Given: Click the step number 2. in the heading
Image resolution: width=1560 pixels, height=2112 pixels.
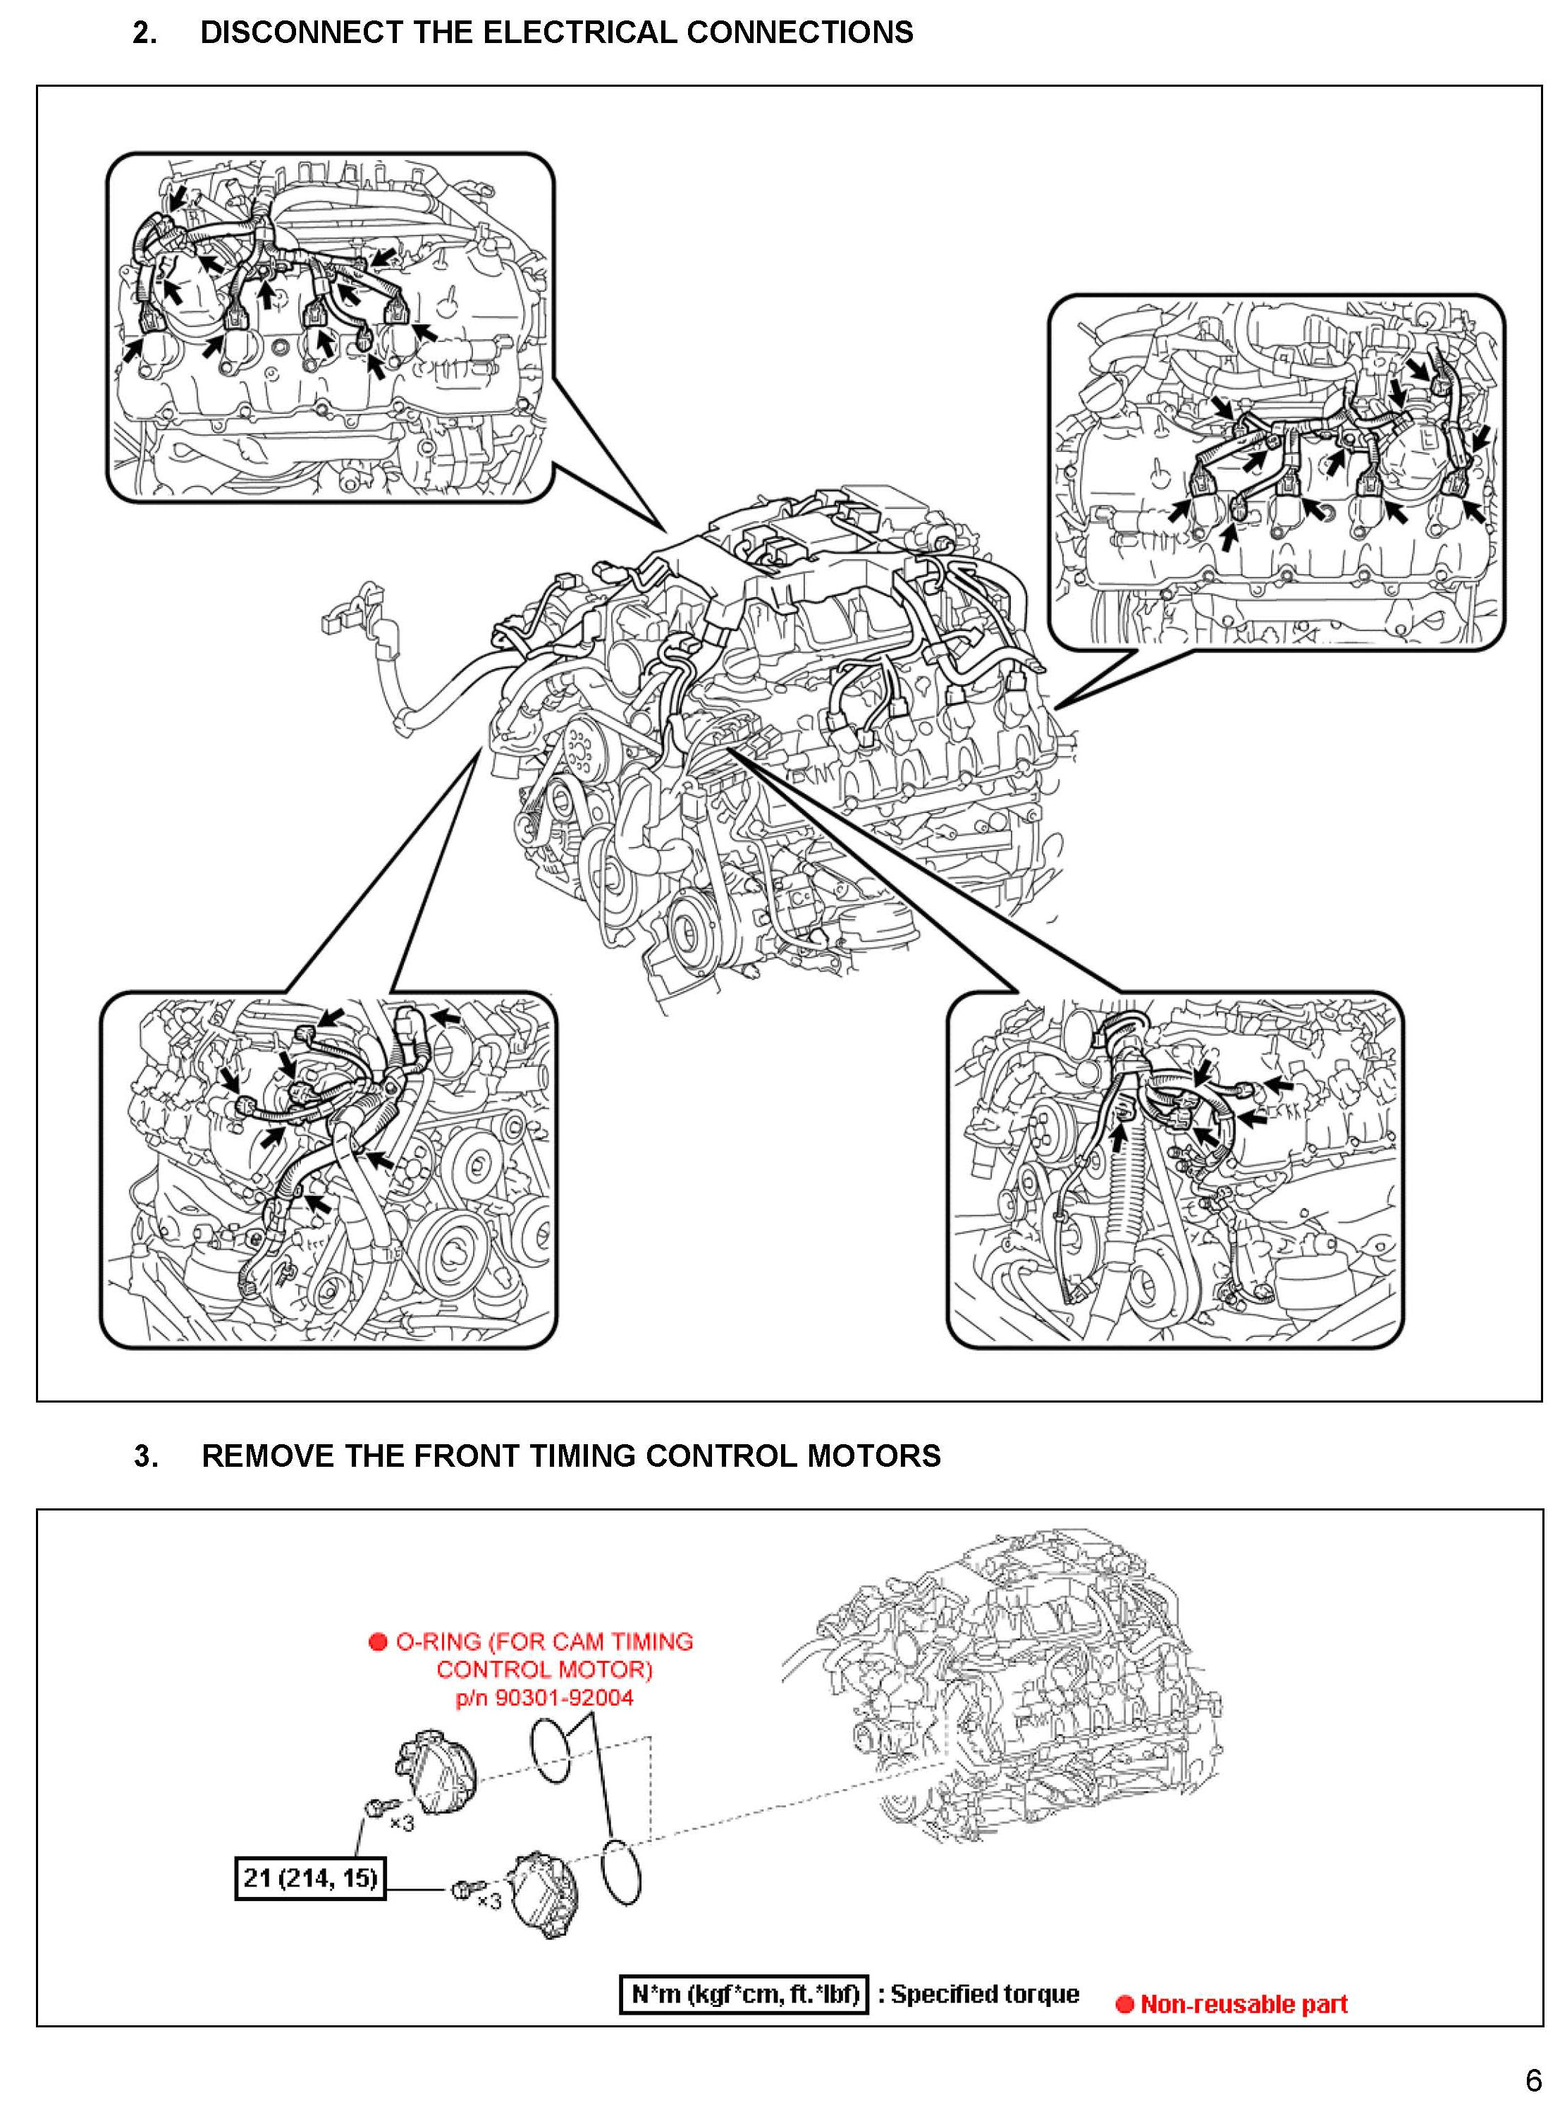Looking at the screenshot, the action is pos(145,33).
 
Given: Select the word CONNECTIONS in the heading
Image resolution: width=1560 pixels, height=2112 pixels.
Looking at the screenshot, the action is pos(800,33).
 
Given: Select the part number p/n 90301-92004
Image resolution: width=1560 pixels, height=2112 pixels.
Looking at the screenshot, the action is pos(544,1697).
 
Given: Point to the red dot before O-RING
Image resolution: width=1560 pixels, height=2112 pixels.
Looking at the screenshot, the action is pos(378,1642).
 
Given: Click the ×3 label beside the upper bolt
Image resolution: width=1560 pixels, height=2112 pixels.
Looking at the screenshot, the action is pos(401,1823).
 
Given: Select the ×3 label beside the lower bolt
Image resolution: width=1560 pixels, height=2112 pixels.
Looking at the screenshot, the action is pos(489,1900).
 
